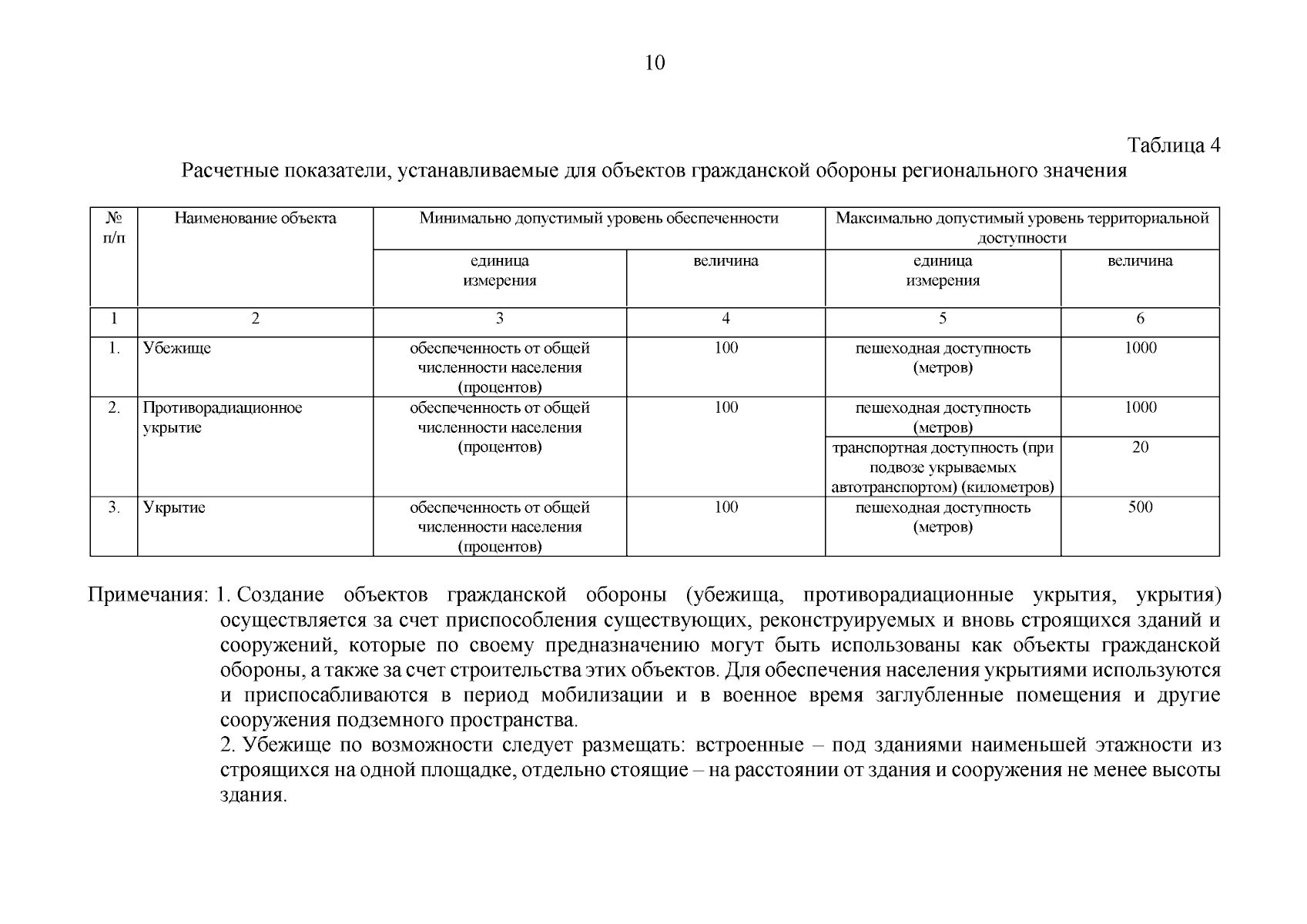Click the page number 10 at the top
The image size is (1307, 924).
pyautogui.click(x=654, y=63)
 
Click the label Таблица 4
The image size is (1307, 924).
pyautogui.click(x=1173, y=146)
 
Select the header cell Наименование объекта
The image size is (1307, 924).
pyautogui.click(x=255, y=219)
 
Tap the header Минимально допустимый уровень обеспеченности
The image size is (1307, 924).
pyautogui.click(x=598, y=219)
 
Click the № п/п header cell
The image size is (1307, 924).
pyautogui.click(x=113, y=228)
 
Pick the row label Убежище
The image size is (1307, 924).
pyautogui.click(x=176, y=348)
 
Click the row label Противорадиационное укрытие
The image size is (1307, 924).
pyautogui.click(x=222, y=417)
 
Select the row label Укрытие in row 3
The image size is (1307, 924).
pyautogui.click(x=173, y=507)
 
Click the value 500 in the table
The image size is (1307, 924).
pyautogui.click(x=1139, y=507)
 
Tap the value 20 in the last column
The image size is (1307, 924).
pyautogui.click(x=1140, y=447)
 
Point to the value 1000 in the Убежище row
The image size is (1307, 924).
pyautogui.click(x=1140, y=348)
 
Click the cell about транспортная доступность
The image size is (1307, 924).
pyautogui.click(x=942, y=467)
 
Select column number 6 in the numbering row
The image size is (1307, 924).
pyautogui.click(x=1140, y=319)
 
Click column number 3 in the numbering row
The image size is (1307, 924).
pyautogui.click(x=499, y=319)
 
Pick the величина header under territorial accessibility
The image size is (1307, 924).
pyautogui.click(x=1139, y=261)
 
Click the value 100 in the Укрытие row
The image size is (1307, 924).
pyautogui.click(x=726, y=507)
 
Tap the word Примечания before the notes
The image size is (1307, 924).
pyautogui.click(x=147, y=596)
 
